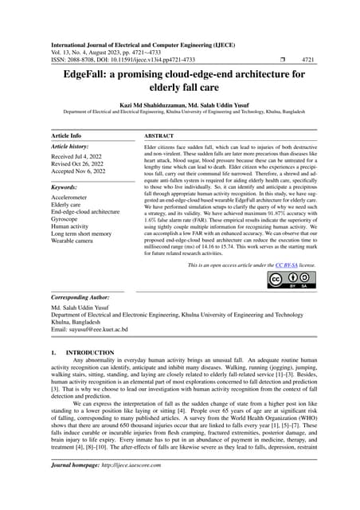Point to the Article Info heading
point(69,136)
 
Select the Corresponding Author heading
point(87,296)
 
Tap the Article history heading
point(74,148)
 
